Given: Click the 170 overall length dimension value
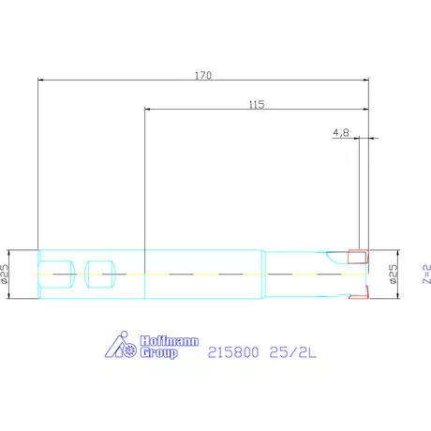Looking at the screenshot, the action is pyautogui.click(x=203, y=75).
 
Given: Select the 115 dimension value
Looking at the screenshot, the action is pyautogui.click(x=257, y=105).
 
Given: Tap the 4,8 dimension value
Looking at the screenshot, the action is pyautogui.click(x=341, y=133).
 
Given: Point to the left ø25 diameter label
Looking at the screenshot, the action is pyautogui.click(x=5, y=274).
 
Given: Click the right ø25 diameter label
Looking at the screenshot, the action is pyautogui.click(x=394, y=274).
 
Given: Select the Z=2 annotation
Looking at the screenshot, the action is pyautogui.click(x=426, y=275).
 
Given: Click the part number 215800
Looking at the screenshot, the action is pyautogui.click(x=233, y=352).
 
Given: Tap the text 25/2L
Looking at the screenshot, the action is pyautogui.click(x=292, y=352).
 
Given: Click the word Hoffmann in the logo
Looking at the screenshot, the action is pyautogui.click(x=170, y=341).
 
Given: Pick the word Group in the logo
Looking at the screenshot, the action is pyautogui.click(x=159, y=352).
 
